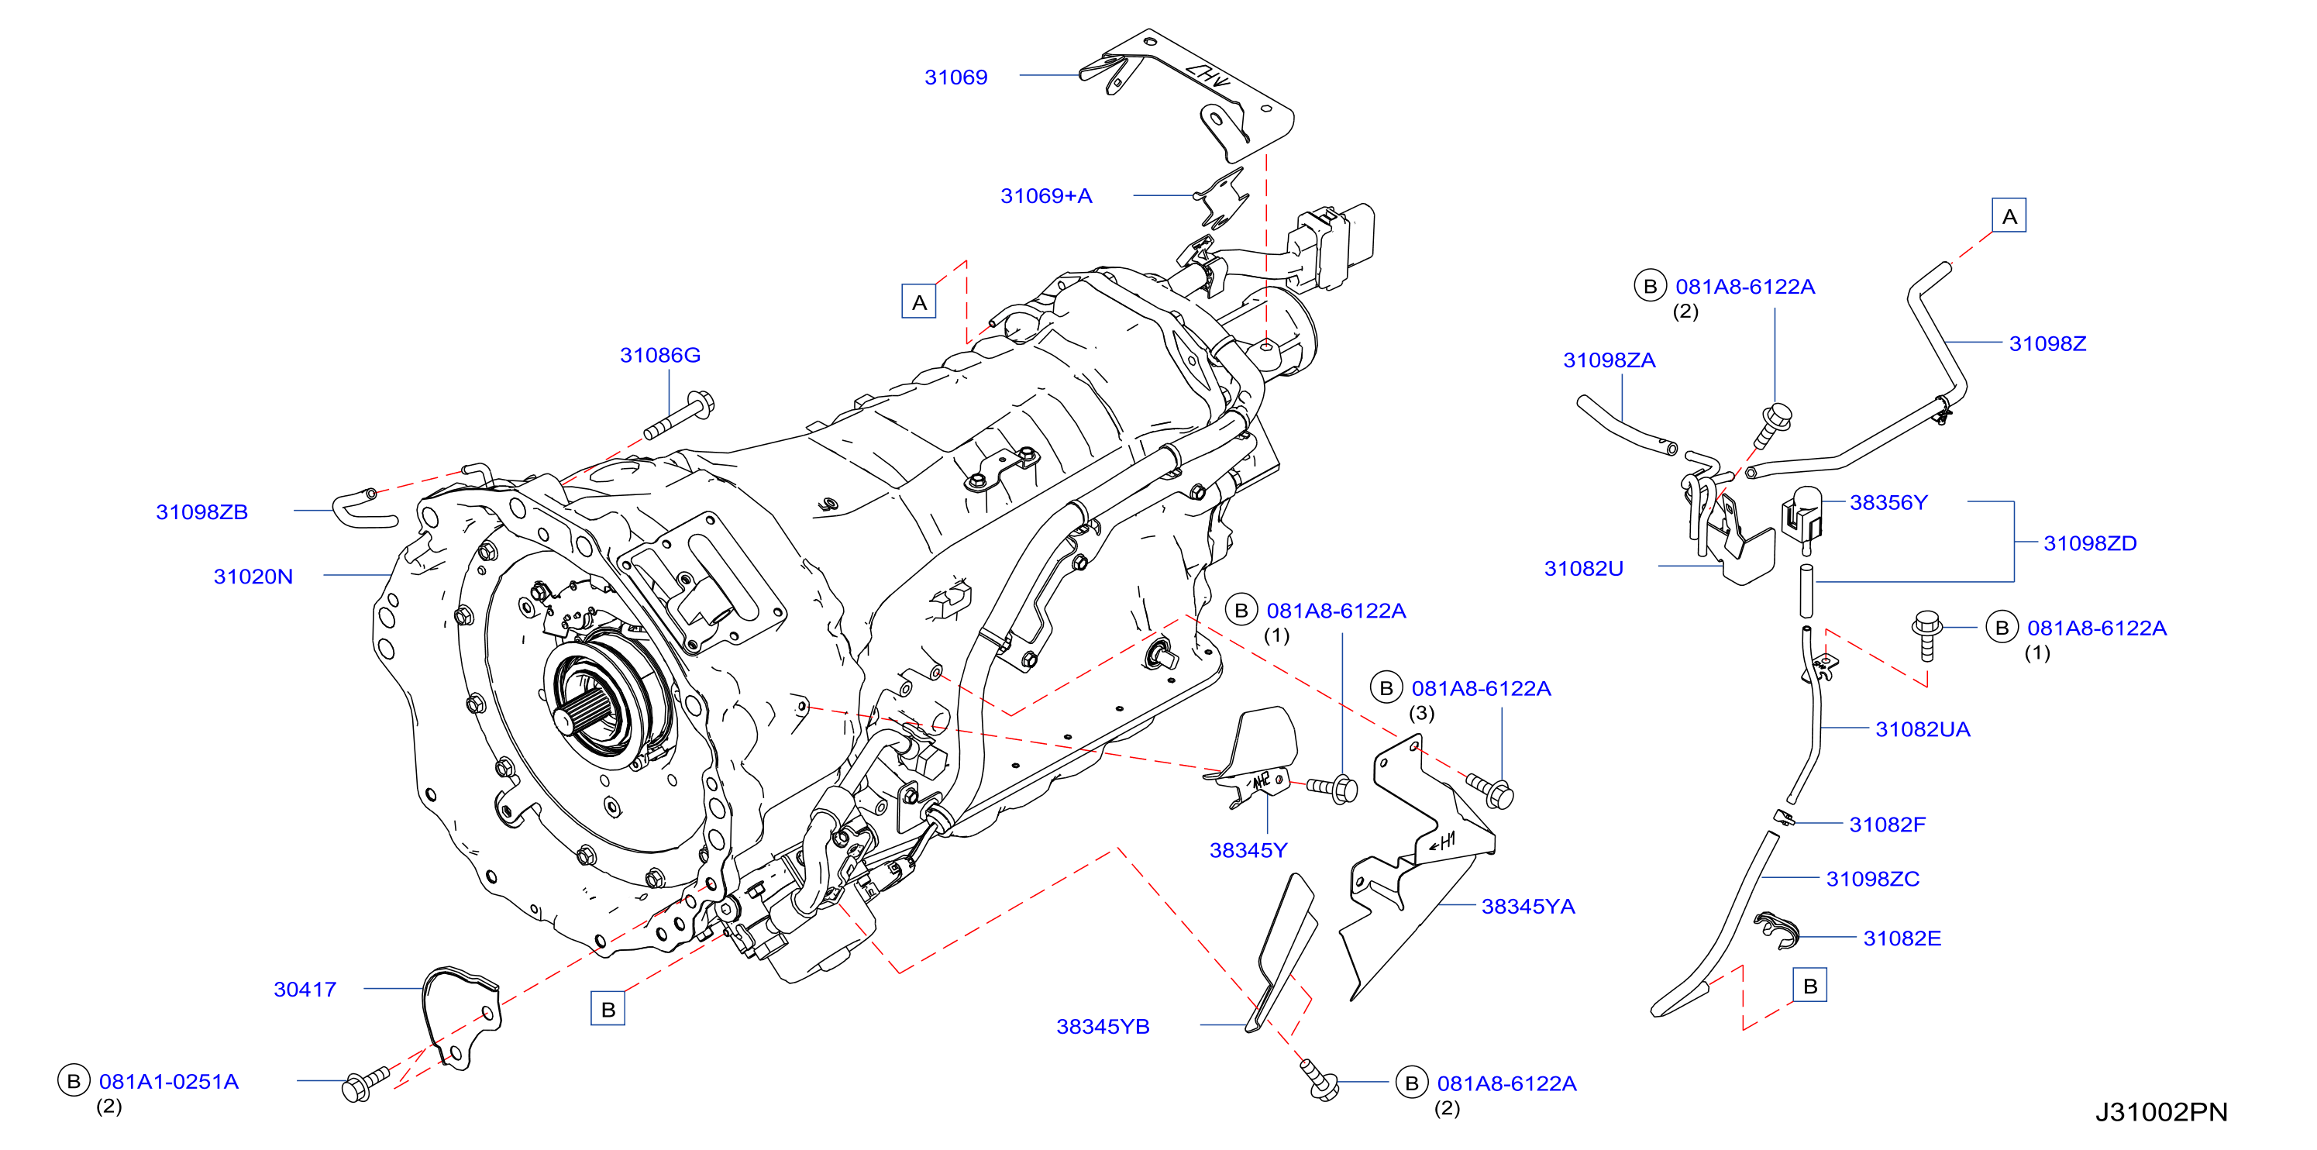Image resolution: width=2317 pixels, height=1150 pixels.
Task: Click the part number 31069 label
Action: tap(955, 77)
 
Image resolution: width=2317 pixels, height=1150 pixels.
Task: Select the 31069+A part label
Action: tap(1046, 196)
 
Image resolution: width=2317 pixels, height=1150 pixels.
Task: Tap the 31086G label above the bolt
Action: tap(659, 355)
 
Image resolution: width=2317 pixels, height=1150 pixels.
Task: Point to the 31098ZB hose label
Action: tap(201, 511)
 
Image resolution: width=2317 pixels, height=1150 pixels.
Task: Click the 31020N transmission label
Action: tap(253, 577)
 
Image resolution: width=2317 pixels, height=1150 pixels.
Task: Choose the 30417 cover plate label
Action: tap(305, 989)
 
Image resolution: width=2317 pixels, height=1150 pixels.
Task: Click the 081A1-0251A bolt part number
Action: tap(168, 1082)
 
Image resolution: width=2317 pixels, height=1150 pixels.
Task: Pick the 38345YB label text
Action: tap(1103, 1027)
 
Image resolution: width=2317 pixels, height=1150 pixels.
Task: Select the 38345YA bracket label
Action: tap(1528, 907)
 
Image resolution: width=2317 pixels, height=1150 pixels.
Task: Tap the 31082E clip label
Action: tap(1902, 938)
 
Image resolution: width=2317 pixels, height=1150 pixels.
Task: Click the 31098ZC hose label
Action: tap(1873, 879)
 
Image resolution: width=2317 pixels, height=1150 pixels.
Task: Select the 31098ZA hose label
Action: tap(1610, 360)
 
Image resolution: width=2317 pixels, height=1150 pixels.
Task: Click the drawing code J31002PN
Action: tap(2161, 1112)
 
